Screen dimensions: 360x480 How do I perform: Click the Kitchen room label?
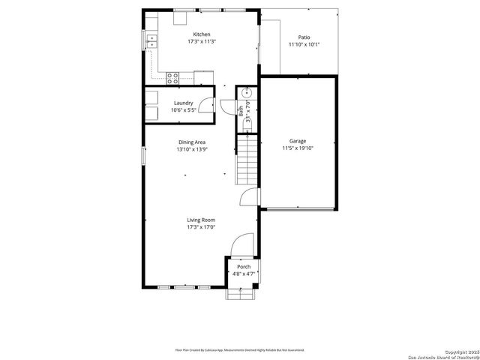[x=201, y=34]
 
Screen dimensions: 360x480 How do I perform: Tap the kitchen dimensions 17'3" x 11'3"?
[x=201, y=42]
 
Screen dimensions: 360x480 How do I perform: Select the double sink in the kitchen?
[x=151, y=39]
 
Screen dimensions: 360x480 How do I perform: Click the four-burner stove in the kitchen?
[x=172, y=76]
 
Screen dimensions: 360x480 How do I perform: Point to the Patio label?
[x=304, y=37]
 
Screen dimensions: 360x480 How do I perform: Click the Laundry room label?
[x=184, y=103]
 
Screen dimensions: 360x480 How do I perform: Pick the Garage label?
[x=298, y=141]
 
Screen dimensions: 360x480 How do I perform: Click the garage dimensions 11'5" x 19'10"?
[x=298, y=148]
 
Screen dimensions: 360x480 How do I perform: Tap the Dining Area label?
[x=192, y=142]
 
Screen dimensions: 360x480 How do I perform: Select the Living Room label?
[x=201, y=220]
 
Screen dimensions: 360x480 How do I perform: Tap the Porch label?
[x=244, y=267]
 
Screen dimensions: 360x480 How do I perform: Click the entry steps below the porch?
[x=243, y=294]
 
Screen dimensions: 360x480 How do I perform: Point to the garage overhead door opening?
[x=298, y=208]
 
